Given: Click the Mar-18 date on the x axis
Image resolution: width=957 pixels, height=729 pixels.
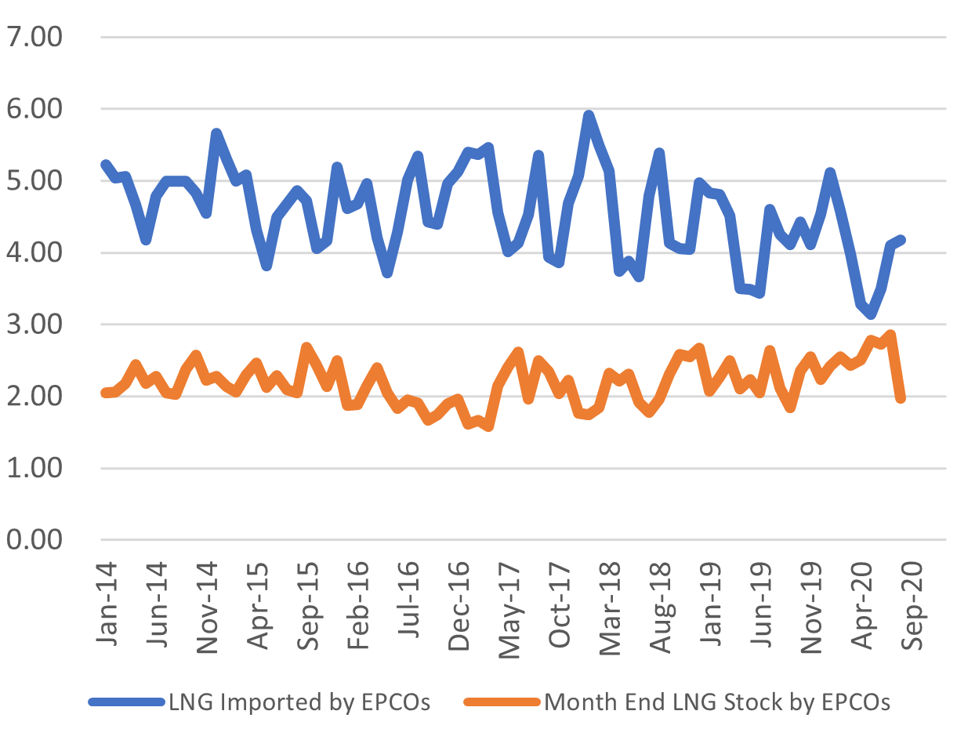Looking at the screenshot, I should click(x=610, y=604).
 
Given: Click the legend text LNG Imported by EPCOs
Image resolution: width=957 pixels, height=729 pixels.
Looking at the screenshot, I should click(x=299, y=702).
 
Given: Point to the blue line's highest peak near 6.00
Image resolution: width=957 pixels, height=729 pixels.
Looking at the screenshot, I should click(x=589, y=115).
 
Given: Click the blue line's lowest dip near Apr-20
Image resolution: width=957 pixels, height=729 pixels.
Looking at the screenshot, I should click(x=871, y=315).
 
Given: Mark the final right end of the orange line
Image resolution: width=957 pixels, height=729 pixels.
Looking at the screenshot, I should click(x=901, y=398).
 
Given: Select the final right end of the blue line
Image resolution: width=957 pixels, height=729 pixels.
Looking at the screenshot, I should click(x=901, y=240).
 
